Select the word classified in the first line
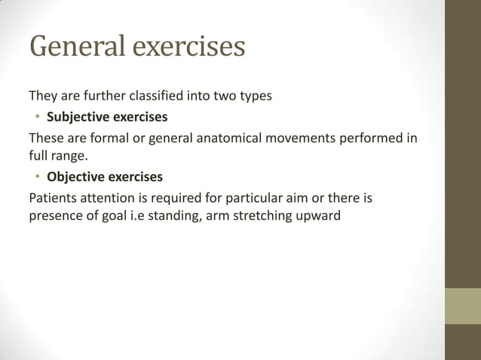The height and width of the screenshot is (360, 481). click(x=162, y=96)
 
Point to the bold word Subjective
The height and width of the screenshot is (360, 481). click(x=78, y=118)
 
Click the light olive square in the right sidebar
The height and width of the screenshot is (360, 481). click(x=463, y=306)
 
